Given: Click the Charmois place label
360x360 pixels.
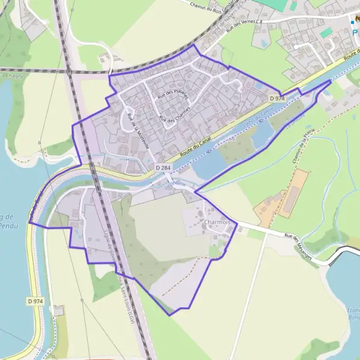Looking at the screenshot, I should click(217, 223).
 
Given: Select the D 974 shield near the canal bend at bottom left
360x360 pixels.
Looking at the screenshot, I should click(36, 301).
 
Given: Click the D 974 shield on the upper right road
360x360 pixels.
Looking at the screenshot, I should click(276, 98).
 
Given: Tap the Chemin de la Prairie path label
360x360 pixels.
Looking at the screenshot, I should click(304, 150).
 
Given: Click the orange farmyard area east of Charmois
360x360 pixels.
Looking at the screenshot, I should click(282, 195).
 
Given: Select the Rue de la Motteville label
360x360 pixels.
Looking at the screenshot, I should click(137, 128).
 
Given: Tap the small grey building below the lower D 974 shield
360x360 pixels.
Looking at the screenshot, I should click(58, 310).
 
